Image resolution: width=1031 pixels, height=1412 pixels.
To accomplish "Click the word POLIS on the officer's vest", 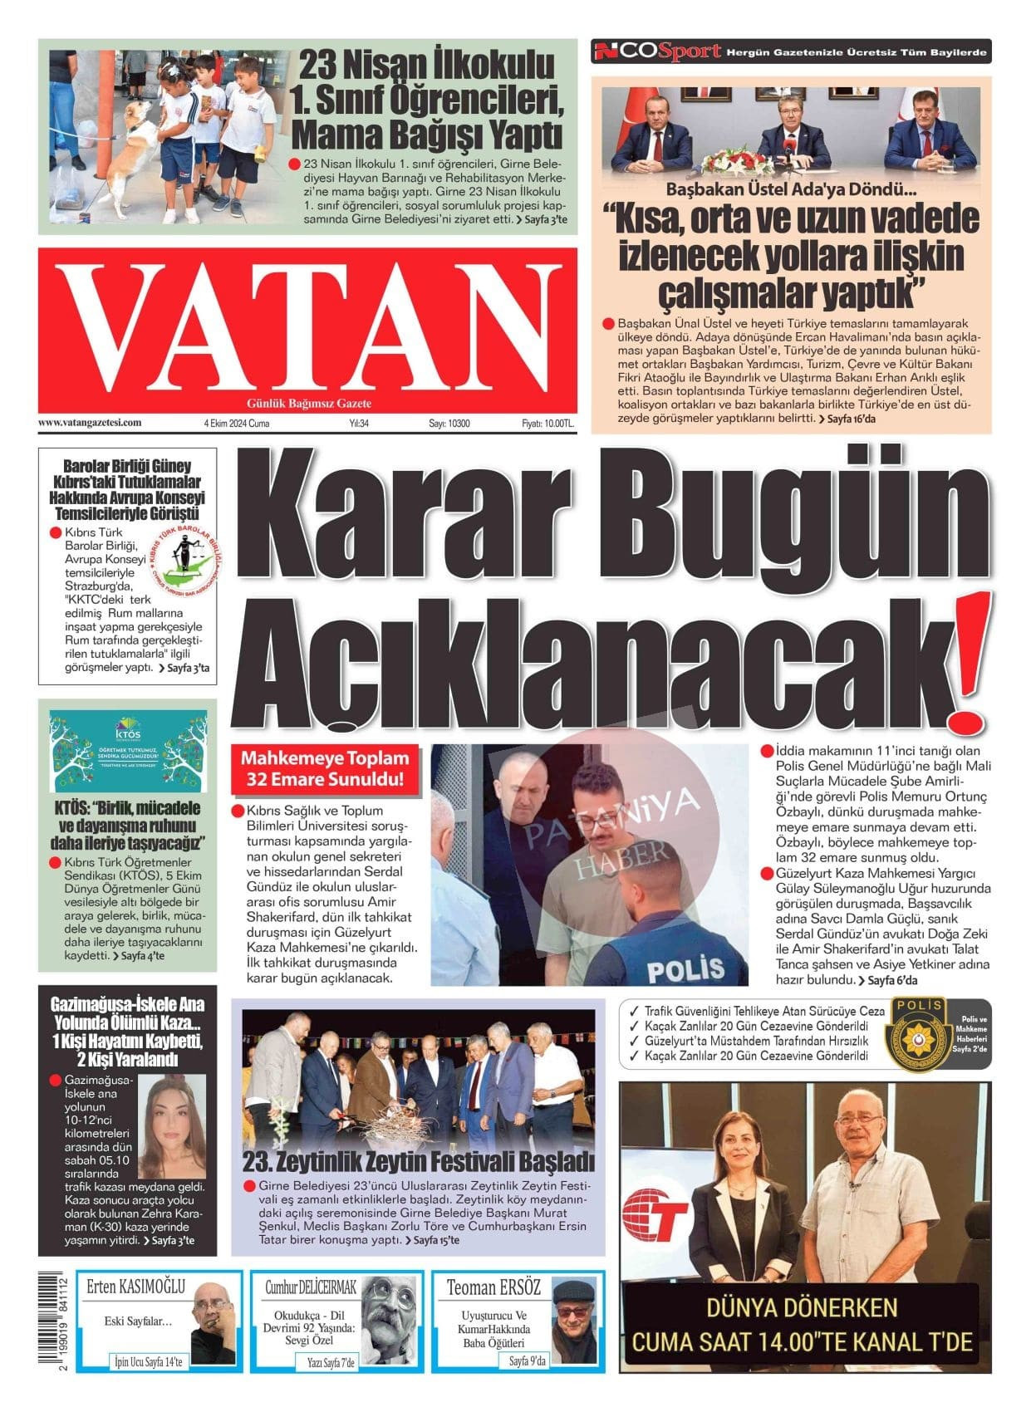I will pyautogui.click(x=673, y=968).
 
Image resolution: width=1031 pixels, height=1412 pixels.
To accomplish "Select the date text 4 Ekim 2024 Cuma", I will pyautogui.click(x=236, y=424).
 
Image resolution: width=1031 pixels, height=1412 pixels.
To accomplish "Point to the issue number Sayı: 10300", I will pyautogui.click(x=449, y=424).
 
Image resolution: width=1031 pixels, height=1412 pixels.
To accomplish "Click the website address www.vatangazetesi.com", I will pyautogui.click(x=90, y=423).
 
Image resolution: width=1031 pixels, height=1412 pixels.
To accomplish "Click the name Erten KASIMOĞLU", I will pyautogui.click(x=136, y=1287).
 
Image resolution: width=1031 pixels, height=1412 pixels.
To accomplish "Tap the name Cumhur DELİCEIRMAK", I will pyautogui.click(x=311, y=1287).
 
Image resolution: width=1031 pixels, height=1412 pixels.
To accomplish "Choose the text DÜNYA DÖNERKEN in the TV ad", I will pyautogui.click(x=802, y=1308).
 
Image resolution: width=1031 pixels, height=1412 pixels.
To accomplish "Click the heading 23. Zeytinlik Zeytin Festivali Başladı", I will pyautogui.click(x=420, y=1160).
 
